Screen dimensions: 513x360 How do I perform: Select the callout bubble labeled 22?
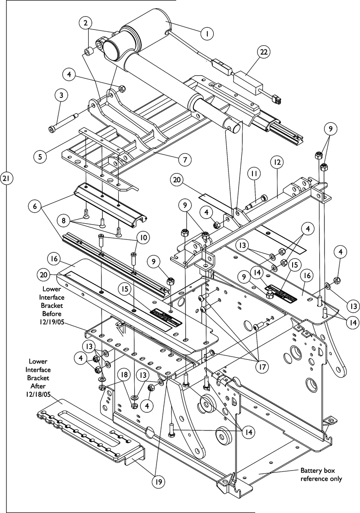coord(264,53)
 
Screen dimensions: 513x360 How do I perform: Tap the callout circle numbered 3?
coord(61,96)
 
